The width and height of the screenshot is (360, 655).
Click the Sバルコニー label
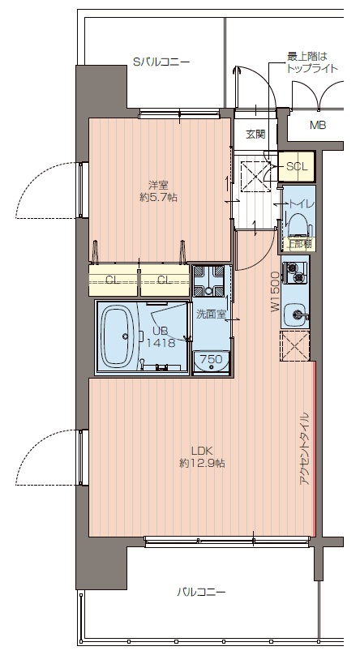click(161, 62)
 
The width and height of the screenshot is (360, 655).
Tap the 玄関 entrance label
click(255, 134)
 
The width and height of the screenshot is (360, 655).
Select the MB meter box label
click(318, 125)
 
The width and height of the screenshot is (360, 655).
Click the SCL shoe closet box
click(297, 167)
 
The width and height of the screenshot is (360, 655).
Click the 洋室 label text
click(158, 185)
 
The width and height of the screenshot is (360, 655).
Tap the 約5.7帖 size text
click(158, 198)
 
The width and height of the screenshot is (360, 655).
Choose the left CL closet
click(114, 280)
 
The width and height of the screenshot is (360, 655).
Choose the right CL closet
click(165, 280)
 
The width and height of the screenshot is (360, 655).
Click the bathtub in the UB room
click(118, 335)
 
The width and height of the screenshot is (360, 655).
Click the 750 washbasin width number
click(211, 358)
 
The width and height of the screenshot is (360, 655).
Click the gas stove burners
click(295, 272)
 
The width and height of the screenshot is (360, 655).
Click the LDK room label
click(202, 451)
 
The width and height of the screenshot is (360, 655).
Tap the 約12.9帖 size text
click(202, 463)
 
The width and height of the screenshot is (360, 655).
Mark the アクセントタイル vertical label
click(304, 448)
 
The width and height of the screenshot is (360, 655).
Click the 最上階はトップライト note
click(312, 62)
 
